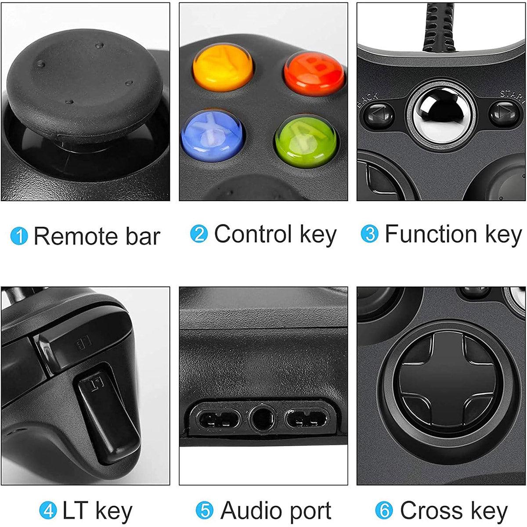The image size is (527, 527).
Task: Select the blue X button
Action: point(212,135)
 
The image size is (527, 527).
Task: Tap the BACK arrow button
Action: point(379,115)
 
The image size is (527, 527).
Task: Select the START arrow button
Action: point(504,113)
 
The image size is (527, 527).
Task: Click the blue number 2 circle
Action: point(199,234)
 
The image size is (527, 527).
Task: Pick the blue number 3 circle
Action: point(369,234)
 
